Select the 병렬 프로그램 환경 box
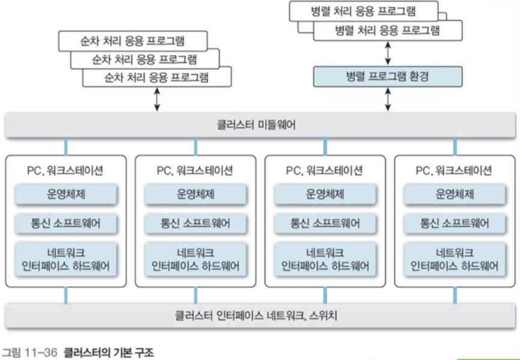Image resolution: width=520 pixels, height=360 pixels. [x=387, y=77]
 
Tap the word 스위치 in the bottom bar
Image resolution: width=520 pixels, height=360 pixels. [x=322, y=314]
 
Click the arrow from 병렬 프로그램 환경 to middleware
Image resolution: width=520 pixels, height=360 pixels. [x=387, y=100]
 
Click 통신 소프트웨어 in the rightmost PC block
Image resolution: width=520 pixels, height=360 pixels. [x=454, y=224]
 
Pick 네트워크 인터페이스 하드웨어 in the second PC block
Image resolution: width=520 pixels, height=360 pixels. [x=195, y=259]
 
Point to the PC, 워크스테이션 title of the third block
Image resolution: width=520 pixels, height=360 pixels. [x=324, y=170]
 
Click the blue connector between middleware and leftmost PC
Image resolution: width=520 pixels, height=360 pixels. [x=66, y=146]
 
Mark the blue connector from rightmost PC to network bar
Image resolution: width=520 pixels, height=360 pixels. [x=454, y=296]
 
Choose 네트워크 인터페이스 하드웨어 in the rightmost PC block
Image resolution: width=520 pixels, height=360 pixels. [x=454, y=259]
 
